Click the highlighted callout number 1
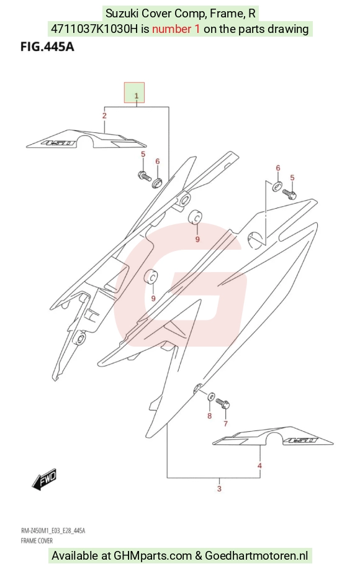tap(137, 96)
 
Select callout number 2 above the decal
tap(104, 116)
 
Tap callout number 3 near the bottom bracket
tap(219, 489)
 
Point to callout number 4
tap(259, 466)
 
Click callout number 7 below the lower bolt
tap(225, 424)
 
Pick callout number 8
tap(209, 416)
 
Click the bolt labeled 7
tap(223, 403)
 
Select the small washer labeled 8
tap(210, 396)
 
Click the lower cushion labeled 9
tap(151, 277)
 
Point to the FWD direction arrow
tap(44, 480)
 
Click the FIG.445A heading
tap(47, 47)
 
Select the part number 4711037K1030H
tap(94, 29)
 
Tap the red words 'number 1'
tap(176, 29)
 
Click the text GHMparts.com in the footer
tap(153, 555)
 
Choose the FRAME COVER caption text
tap(37, 540)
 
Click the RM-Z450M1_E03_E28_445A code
tap(53, 531)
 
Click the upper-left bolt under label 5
tap(144, 176)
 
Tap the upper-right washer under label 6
tap(277, 186)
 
